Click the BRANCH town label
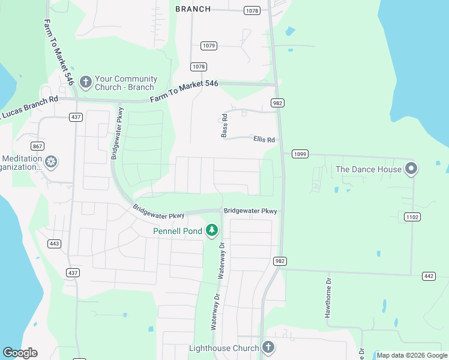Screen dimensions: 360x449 193,9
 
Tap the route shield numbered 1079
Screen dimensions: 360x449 209,46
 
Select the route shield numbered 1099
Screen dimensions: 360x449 300,154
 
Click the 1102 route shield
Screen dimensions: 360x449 412,217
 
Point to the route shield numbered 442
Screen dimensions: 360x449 429,276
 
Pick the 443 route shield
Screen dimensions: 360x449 55,243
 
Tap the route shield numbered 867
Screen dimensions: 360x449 38,146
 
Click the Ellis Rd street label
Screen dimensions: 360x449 264,140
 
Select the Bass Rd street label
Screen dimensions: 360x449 224,126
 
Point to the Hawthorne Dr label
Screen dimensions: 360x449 328,298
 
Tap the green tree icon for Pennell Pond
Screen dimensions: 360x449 211,230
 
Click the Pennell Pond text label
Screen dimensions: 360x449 178,230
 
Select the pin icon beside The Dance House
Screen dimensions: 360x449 411,168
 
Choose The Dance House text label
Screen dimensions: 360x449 368,169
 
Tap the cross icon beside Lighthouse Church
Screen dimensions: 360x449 268,347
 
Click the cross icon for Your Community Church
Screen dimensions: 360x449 85,82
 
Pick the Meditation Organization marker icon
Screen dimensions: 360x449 52,162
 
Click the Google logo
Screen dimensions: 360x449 20,353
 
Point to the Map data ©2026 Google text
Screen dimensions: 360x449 412,355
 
